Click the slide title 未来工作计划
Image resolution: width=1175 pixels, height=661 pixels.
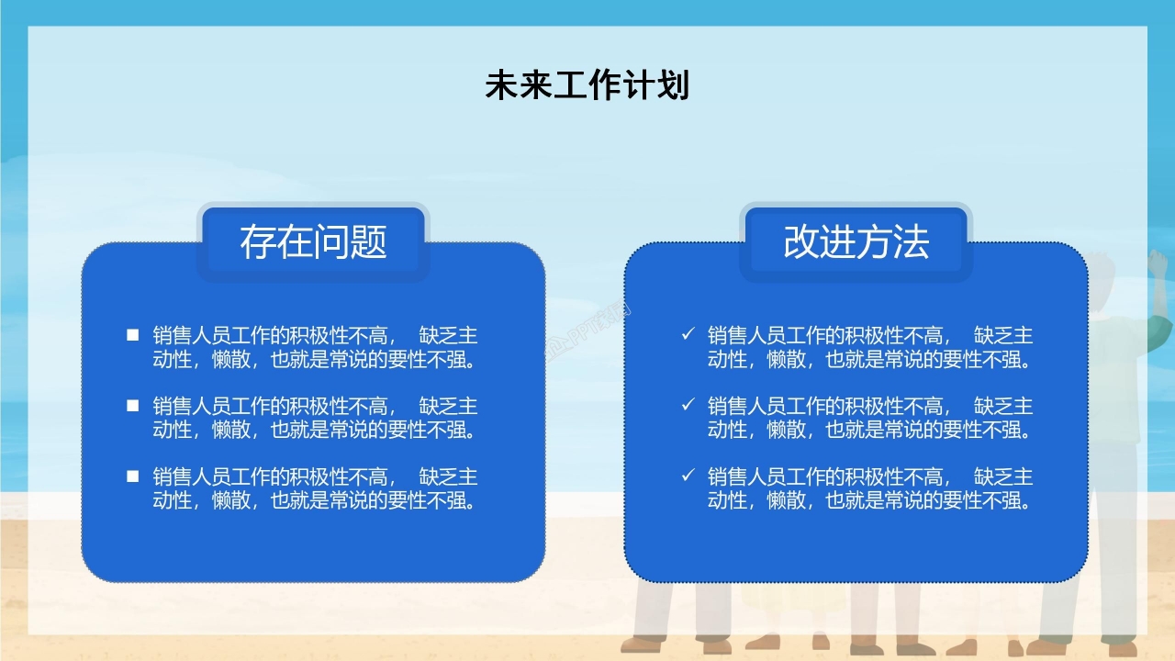click(587, 85)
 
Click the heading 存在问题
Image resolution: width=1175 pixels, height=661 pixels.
click(313, 241)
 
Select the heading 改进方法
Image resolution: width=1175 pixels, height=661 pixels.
click(856, 241)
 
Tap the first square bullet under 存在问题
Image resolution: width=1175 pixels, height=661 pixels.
click(133, 335)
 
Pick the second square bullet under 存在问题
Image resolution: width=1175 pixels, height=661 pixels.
click(133, 405)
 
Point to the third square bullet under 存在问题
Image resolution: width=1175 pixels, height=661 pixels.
click(133, 476)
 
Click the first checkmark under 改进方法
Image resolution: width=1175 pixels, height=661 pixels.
click(688, 335)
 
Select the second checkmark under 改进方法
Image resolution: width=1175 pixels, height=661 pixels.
click(688, 405)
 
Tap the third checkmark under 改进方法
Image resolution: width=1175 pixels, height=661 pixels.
click(688, 476)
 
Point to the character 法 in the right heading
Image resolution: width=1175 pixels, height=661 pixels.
click(911, 241)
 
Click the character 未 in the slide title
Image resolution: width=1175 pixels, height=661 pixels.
click(501, 85)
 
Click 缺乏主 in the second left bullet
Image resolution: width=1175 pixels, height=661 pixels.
click(448, 406)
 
